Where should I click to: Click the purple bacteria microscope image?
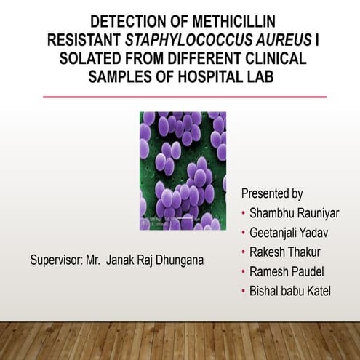[x=183, y=170]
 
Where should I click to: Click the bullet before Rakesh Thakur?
[x=243, y=253]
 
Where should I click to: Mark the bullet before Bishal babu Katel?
[x=243, y=292]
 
